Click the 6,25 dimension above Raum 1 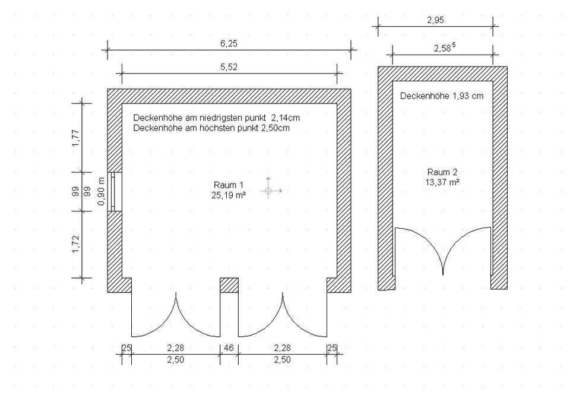(x=229, y=43)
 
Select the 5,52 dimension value (x=229, y=67)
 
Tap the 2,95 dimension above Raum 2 (x=435, y=20)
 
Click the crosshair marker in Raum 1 (x=268, y=191)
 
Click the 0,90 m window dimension (x=102, y=191)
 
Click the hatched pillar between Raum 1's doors (x=229, y=285)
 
